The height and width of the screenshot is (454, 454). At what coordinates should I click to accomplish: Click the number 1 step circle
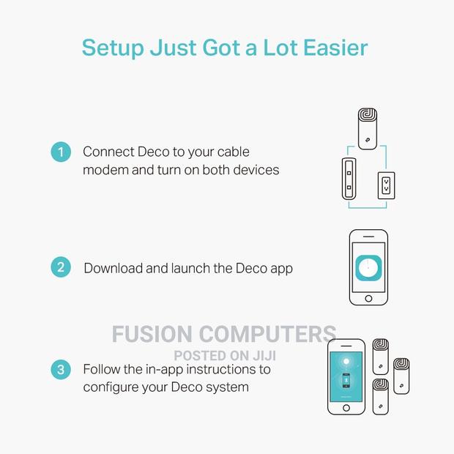click(x=61, y=152)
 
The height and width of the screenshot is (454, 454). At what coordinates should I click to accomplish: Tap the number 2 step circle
click(x=61, y=267)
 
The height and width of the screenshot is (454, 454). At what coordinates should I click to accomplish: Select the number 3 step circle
click(x=61, y=370)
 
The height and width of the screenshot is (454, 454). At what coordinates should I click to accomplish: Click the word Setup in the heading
click(x=113, y=48)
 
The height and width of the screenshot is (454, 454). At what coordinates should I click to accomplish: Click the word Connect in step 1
click(x=108, y=152)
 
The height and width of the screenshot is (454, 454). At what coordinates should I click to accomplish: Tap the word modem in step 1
click(x=105, y=170)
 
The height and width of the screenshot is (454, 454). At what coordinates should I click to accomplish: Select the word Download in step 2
click(x=113, y=268)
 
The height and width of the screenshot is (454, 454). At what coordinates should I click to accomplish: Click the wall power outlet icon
click(x=386, y=185)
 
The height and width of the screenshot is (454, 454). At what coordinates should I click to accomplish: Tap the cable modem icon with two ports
click(x=349, y=179)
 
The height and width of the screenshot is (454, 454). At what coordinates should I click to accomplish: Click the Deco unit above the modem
click(x=368, y=129)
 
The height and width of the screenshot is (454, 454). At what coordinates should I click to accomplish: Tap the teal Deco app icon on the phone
click(x=368, y=268)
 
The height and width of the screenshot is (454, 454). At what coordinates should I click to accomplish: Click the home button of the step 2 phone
click(x=368, y=298)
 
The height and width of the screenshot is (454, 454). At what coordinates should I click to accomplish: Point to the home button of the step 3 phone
click(x=346, y=408)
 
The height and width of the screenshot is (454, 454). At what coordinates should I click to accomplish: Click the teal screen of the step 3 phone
click(x=346, y=376)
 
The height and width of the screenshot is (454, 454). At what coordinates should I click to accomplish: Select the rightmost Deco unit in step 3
click(x=401, y=376)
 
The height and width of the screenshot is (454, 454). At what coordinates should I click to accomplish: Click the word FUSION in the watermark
click(x=152, y=334)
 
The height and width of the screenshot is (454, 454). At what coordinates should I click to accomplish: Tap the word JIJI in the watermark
click(x=264, y=356)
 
